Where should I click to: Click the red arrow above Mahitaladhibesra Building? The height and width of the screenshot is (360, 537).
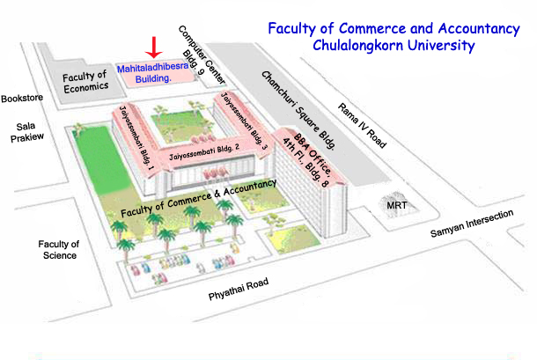[x=154, y=48]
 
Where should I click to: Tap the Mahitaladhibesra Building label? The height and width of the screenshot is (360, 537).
[x=153, y=73]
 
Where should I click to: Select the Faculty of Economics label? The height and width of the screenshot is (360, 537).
[x=85, y=82]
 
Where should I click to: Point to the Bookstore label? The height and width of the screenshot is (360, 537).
[x=22, y=99]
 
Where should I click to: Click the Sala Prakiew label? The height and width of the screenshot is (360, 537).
[x=26, y=132]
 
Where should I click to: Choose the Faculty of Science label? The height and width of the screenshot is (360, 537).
[x=59, y=250]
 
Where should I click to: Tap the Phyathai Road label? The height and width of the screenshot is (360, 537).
[x=239, y=289]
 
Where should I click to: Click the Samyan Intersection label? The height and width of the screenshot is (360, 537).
[x=472, y=224]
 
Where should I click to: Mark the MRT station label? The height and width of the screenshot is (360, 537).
[x=397, y=205]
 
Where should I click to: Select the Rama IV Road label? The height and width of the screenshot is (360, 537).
[x=362, y=126]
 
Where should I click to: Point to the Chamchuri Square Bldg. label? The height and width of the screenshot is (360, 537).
[x=298, y=110]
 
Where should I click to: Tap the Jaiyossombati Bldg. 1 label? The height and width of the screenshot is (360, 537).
[x=136, y=138]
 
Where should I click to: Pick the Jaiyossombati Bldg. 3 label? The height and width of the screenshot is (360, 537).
[x=244, y=121]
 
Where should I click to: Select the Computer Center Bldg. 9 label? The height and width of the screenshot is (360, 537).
[x=202, y=55]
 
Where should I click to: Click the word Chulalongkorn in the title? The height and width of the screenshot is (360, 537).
[x=358, y=46]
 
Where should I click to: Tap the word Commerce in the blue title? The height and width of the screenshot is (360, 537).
[x=371, y=28]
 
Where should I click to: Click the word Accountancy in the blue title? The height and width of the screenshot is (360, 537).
[x=479, y=29]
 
